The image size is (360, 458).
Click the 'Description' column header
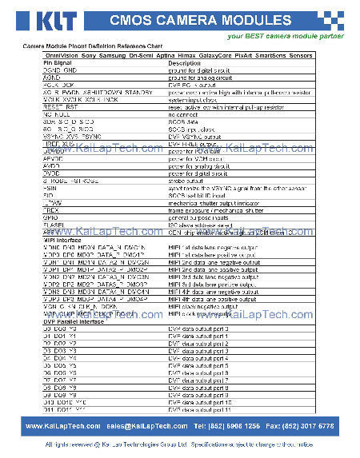[184, 62]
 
